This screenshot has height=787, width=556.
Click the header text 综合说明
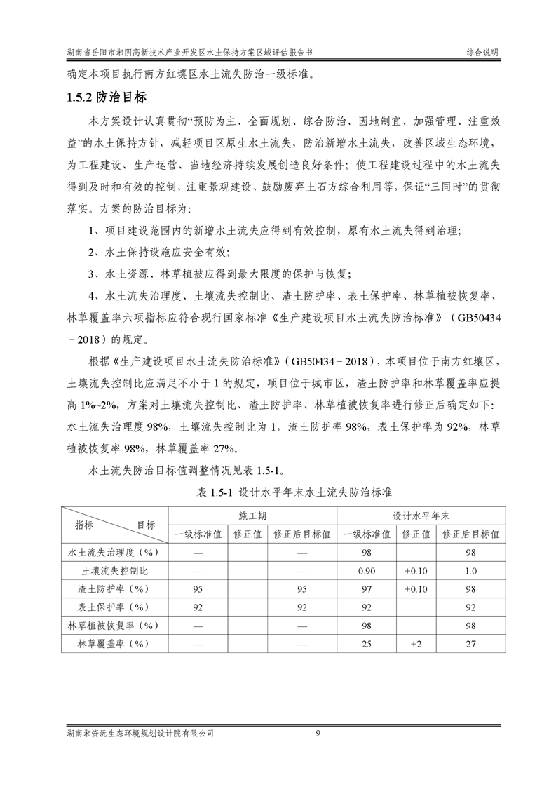[x=483, y=53]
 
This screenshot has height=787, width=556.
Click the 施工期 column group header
[x=252, y=515]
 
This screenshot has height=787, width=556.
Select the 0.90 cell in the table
[x=365, y=570]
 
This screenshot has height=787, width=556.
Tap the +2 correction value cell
[x=416, y=643]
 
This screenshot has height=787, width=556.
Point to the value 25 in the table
[x=365, y=643]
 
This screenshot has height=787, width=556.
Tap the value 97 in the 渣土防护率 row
[x=365, y=588]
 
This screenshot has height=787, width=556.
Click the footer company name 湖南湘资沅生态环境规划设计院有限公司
[x=137, y=734]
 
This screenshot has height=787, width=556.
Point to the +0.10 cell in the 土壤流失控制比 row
[x=416, y=570]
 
